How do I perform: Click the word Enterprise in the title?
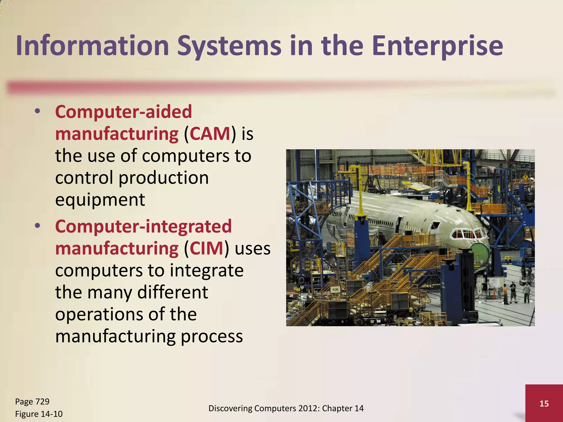437,46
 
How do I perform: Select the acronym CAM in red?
210,134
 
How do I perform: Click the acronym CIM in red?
206,248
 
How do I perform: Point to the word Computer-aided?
123,112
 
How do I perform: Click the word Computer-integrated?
143,226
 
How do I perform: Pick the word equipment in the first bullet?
100,200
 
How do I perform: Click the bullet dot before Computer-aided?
38,112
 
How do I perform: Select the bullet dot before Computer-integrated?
38,226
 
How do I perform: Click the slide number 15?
544,404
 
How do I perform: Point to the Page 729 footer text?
32,401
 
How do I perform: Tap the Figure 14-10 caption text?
39,414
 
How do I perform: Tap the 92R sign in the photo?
335,290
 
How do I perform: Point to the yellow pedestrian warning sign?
525,177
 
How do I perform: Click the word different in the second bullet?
172,292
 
